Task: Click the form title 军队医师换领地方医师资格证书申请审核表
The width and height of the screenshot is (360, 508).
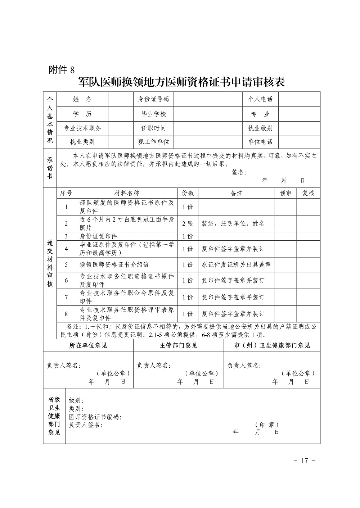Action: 181,82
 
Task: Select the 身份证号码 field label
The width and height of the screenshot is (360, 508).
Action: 154,99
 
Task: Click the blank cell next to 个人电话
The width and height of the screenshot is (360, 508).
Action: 299,99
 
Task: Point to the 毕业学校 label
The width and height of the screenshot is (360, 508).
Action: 154,114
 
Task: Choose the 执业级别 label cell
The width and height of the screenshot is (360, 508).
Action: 260,128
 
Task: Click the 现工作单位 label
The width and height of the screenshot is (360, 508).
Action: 154,141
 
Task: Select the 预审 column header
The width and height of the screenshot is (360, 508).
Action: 285,193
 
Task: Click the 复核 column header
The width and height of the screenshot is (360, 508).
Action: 308,193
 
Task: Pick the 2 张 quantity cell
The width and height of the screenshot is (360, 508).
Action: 188,223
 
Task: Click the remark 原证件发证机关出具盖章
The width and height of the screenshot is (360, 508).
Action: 236,264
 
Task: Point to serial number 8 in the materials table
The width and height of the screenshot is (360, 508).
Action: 66,314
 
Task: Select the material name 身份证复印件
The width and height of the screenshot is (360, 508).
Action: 98,236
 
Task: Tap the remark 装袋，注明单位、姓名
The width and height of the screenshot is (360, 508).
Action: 233,223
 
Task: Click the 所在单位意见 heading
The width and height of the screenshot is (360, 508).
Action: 88,346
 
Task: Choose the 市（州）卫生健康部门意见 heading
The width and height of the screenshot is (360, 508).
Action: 272,346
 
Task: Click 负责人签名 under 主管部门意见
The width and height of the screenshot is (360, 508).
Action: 154,366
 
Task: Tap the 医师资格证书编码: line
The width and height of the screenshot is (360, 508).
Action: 95,417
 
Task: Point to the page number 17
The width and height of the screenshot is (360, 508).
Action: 305,461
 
